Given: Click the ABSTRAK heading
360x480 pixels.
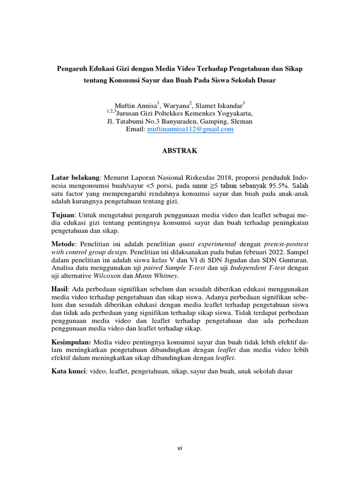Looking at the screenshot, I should (180, 151).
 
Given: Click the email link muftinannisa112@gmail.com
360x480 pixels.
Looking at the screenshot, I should (190, 129).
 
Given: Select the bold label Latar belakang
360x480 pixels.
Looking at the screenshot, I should (75, 178).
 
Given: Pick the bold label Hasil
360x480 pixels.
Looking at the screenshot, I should (60, 289).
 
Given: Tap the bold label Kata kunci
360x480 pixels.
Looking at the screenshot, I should (69, 372).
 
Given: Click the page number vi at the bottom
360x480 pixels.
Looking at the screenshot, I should (180, 448).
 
